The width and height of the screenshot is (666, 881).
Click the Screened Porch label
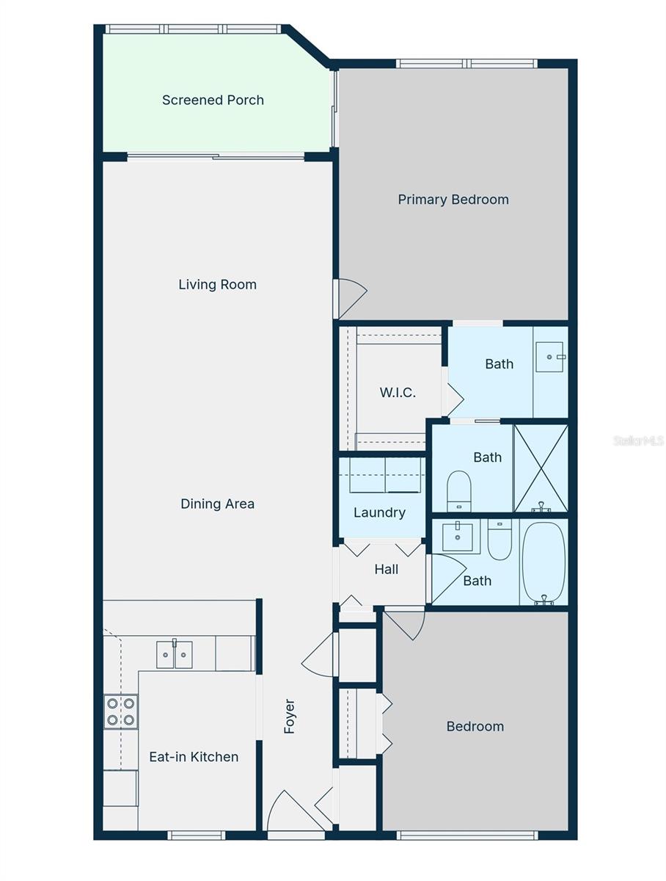(x=213, y=100)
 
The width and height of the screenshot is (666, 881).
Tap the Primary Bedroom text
(x=453, y=199)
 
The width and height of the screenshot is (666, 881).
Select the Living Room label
(x=217, y=284)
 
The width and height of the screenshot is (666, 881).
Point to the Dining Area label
(x=217, y=504)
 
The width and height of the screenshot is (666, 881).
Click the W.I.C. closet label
(x=398, y=392)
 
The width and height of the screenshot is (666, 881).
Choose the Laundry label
(x=379, y=512)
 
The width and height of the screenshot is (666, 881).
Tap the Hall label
(x=387, y=569)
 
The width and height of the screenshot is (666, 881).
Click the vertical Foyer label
(x=289, y=716)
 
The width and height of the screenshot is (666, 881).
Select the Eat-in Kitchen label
(x=194, y=757)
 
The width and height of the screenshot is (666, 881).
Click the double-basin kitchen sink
(x=175, y=654)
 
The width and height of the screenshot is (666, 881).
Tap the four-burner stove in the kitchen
(x=120, y=711)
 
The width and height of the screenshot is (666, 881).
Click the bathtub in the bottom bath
(x=544, y=562)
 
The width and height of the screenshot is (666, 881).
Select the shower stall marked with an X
(x=541, y=468)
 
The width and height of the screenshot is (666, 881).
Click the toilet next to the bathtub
(x=499, y=541)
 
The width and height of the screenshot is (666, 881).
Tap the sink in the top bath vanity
(x=549, y=357)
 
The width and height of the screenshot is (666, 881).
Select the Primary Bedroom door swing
(x=349, y=298)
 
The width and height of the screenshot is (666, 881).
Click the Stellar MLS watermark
(x=638, y=440)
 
